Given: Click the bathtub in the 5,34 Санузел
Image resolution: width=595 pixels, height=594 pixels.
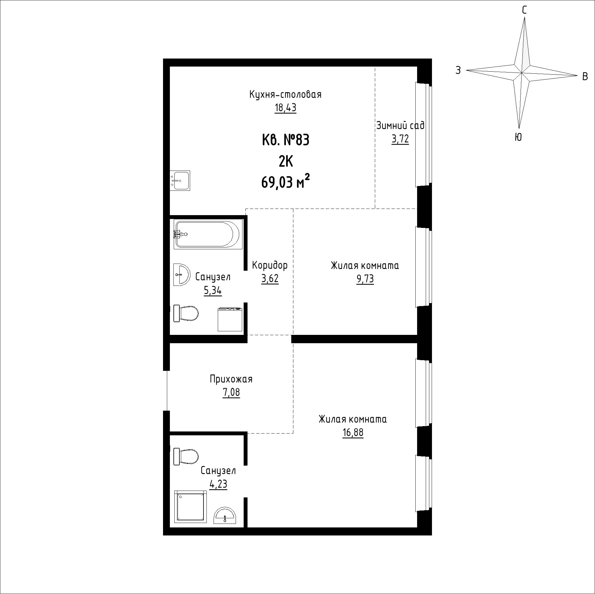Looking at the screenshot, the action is point(207,234).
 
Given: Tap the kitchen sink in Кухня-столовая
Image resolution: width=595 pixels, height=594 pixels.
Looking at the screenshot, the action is point(180,180).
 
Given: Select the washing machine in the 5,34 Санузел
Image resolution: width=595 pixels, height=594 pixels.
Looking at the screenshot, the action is point(230,320).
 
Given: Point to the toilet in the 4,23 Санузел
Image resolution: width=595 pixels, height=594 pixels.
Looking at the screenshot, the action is point(186,456).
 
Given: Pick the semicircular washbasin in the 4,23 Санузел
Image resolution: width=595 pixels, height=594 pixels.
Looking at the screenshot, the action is point(225,515).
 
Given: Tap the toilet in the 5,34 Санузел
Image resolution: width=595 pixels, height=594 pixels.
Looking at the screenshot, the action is point(186,313).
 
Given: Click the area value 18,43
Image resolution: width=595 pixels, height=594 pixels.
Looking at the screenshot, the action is point(286,108).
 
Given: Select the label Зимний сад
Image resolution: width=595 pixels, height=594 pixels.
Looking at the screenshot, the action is point(400,125).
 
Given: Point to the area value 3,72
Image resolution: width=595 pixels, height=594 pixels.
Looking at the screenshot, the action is point(400,139).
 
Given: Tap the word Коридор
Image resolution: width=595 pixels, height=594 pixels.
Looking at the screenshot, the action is point(270,265).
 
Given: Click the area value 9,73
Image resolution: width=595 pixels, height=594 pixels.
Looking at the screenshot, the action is point(365,279).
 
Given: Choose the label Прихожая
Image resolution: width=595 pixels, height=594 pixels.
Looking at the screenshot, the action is point(231,379).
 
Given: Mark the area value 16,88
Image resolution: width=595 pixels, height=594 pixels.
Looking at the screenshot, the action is point(353,433).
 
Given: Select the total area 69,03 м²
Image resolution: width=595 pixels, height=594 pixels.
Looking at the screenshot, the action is point(286,182).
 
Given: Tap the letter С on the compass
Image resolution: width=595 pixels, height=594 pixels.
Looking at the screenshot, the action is point(524,10).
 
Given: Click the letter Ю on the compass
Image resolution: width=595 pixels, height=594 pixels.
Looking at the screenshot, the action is point(518,137).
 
